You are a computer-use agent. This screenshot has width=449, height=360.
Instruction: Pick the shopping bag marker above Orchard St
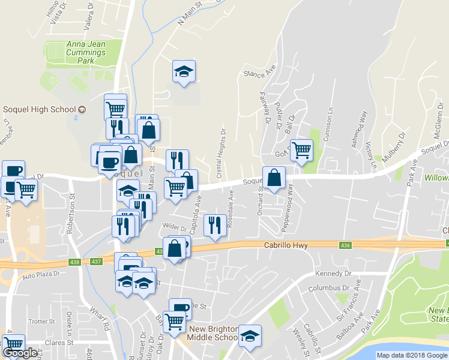pyautogui.click(x=274, y=178)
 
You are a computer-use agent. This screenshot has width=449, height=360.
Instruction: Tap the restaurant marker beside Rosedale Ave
pyautogui.click(x=214, y=226)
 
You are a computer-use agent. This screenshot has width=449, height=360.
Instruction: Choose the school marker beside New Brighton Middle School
pyautogui.click(x=249, y=337)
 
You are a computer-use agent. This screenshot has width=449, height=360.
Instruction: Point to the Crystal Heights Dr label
pyautogui.click(x=222, y=153)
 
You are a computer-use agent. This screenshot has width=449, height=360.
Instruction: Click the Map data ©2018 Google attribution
pyautogui.click(x=412, y=355)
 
